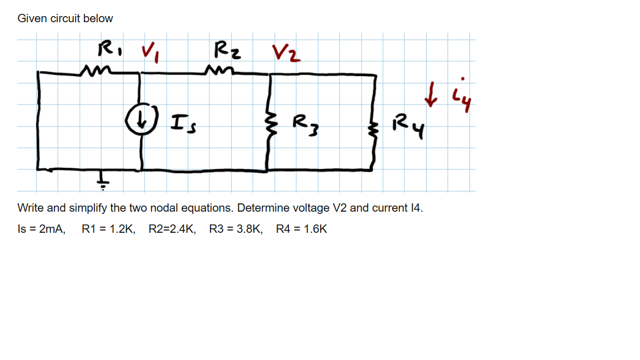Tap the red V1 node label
pyautogui.click(x=149, y=53)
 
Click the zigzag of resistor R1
pyautogui.click(x=94, y=70)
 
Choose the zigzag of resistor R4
pyautogui.click(x=372, y=129)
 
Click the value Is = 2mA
pyautogui.click(x=42, y=229)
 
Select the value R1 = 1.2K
pyautogui.click(x=108, y=229)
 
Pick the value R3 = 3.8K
pyautogui.click(x=236, y=229)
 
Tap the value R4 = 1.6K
pyautogui.click(x=302, y=229)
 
